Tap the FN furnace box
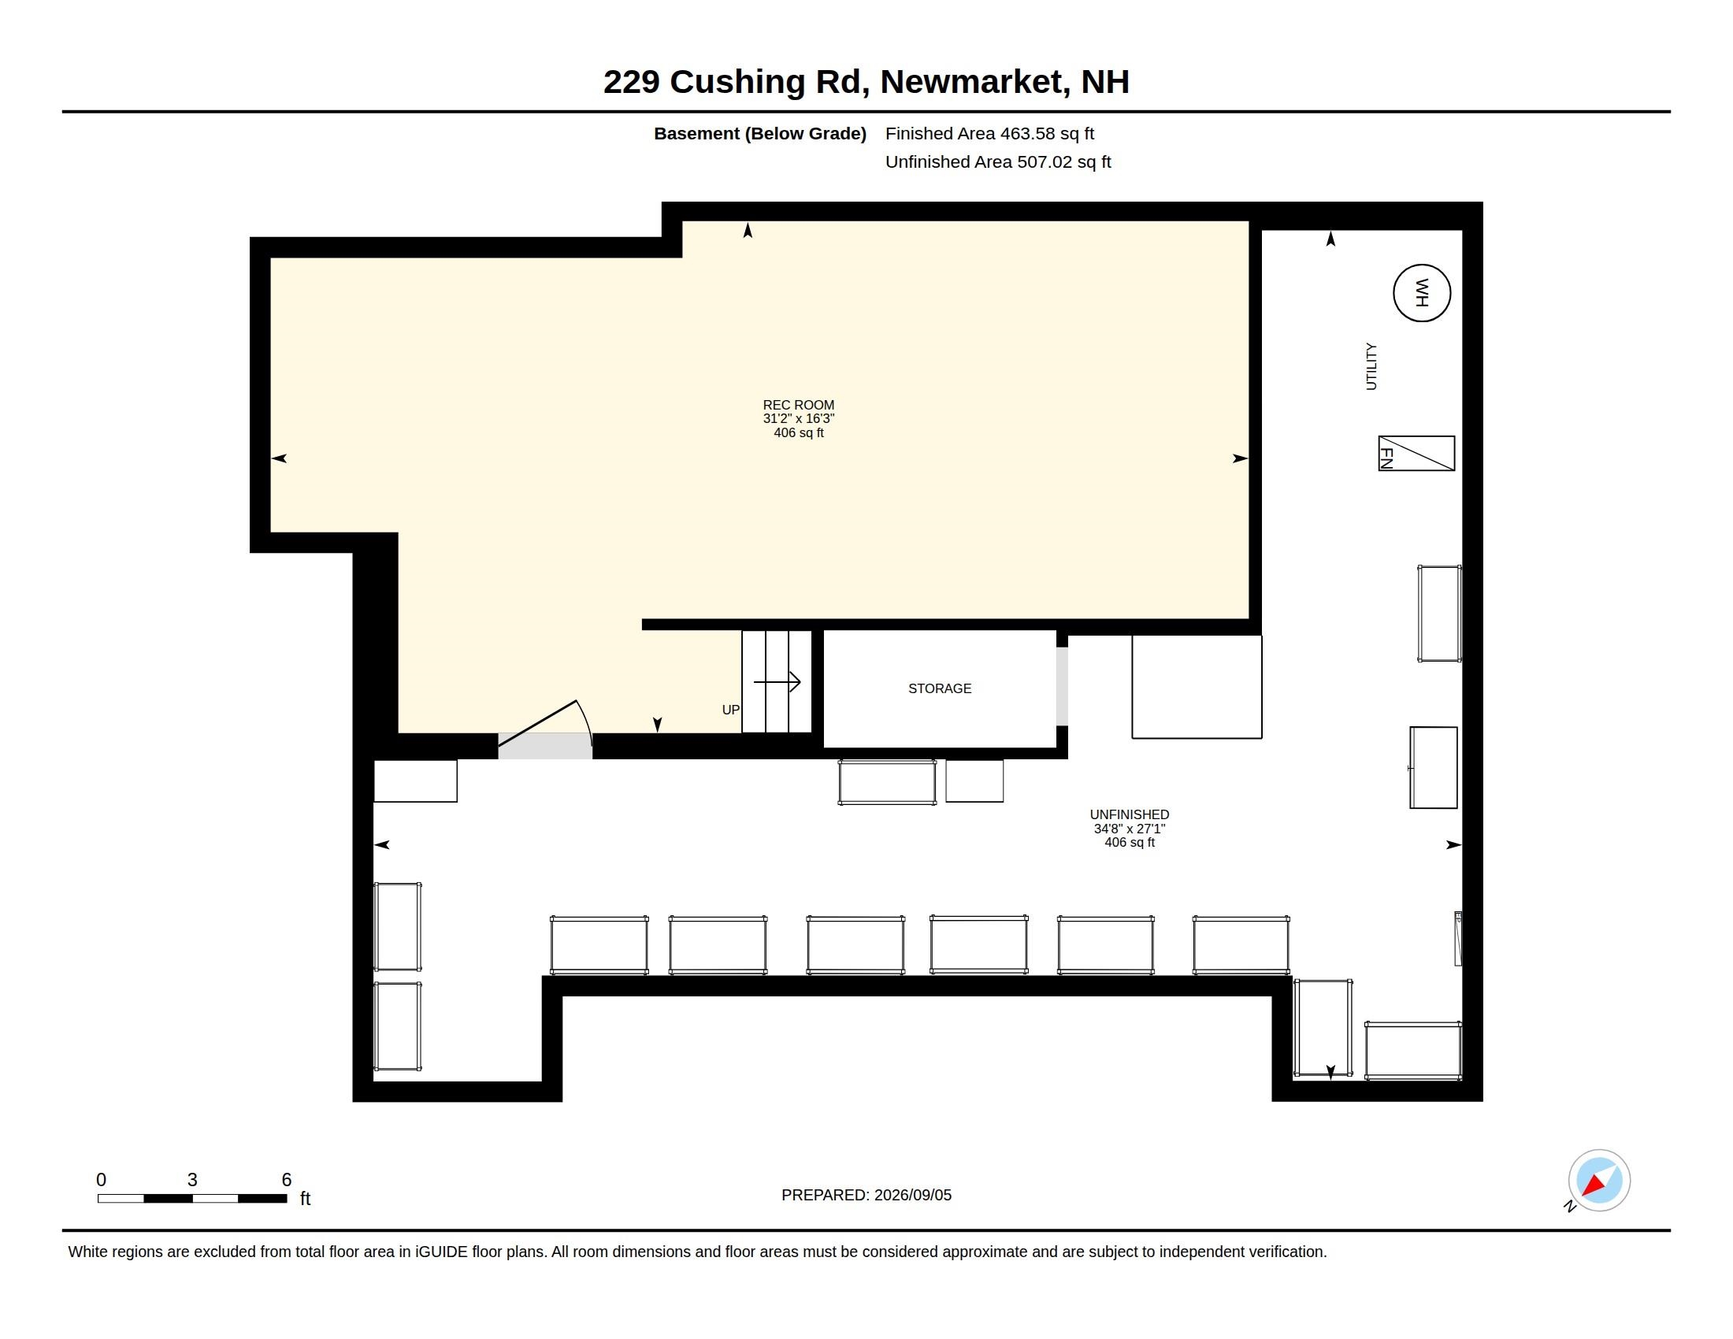click(1416, 454)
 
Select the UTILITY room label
click(1371, 366)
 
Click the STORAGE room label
click(940, 688)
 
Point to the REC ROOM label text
click(798, 405)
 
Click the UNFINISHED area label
click(1129, 814)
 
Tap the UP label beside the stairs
click(731, 710)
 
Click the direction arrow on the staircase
click(777, 681)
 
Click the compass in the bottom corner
click(1598, 1181)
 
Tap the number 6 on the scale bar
click(287, 1180)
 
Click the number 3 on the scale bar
click(192, 1180)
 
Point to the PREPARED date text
click(866, 1195)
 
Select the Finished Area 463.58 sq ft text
click(989, 133)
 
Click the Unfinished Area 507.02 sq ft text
click(998, 161)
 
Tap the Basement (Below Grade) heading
click(759, 133)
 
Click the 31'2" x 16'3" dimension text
click(798, 418)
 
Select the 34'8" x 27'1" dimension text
click(1129, 828)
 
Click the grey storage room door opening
click(1062, 686)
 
